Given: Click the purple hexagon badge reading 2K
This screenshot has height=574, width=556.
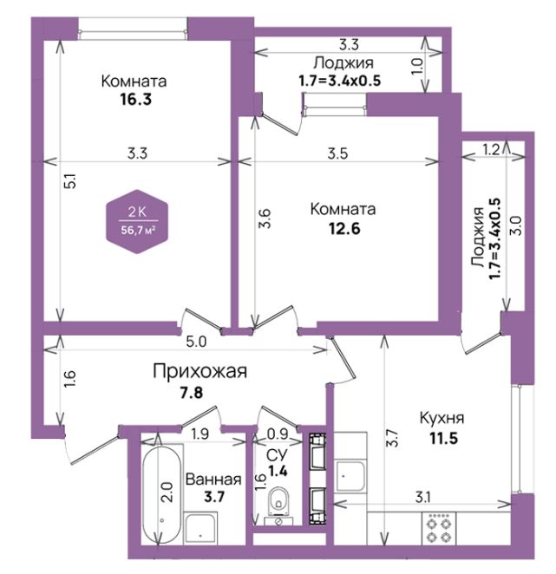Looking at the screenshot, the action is coord(137,221).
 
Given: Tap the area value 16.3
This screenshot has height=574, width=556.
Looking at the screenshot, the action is coord(136,99).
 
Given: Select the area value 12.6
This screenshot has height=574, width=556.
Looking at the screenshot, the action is coord(344,228).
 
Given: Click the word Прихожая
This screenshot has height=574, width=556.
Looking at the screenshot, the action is coord(200,371).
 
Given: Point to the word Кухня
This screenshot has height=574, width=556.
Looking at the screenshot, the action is coord(442,418).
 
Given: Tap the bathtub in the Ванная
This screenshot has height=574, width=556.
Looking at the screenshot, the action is coord(161,494).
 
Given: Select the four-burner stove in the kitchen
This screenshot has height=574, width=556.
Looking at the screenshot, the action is coord(439,527).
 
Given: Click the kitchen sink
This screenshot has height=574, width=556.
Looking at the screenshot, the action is coord(350,476).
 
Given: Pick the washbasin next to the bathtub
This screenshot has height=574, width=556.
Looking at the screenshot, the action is coord(200,528).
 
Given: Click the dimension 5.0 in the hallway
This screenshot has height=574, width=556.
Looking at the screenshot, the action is coord(196,342).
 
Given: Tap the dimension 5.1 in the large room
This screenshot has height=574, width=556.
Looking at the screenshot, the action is coord(71,181).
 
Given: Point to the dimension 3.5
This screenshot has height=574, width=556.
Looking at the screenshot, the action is coord(337,153).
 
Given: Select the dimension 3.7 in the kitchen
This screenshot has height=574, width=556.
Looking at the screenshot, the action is coord(392,438).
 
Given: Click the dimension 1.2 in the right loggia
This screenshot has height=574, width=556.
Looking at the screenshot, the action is coord(491,149).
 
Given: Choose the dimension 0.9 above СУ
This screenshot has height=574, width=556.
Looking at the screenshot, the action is coord(278,434).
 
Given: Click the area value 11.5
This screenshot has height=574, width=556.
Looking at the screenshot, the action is coord(443,438).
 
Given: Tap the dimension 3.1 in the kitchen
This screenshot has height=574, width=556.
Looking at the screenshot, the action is coord(422,497).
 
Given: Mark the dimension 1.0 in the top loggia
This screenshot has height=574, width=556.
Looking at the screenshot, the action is coord(417,66).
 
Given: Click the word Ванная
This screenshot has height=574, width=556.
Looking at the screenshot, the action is coord(213,479).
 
